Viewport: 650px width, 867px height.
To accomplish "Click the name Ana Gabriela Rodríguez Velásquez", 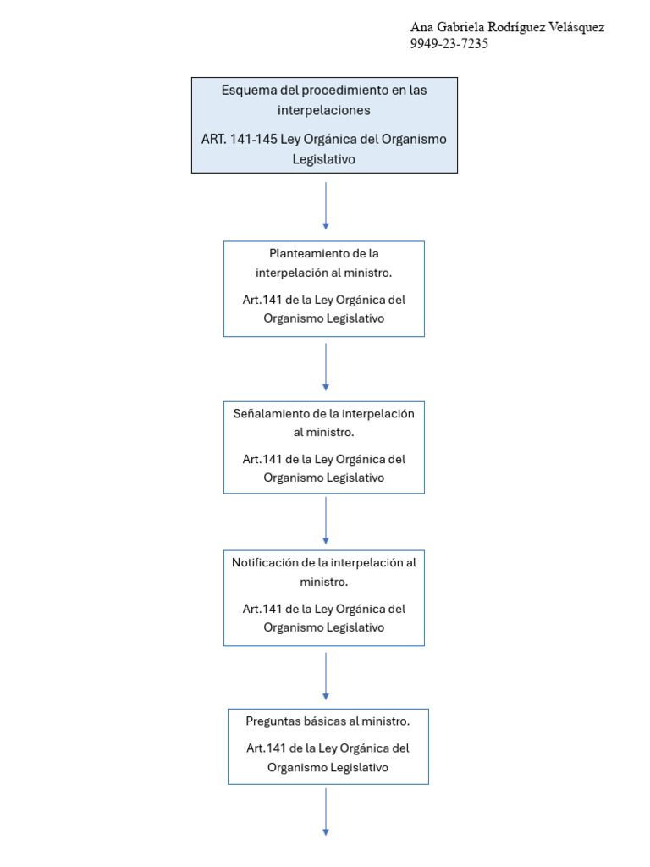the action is coord(507,28).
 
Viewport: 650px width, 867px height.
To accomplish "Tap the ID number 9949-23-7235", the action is coord(449,44).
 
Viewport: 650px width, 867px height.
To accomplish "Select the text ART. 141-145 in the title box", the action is coord(239,139).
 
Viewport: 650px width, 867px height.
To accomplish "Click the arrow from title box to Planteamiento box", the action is coord(326,206).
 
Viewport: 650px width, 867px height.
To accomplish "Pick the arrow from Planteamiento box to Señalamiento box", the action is coord(326,367).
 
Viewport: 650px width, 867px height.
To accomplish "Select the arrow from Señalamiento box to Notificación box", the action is coord(326,521).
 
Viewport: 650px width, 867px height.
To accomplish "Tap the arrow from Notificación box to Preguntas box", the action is coord(326,676).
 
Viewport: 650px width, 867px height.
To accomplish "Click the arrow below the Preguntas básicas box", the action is coord(326,812).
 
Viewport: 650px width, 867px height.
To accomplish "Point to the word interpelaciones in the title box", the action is coord(324,111).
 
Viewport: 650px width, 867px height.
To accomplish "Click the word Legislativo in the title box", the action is coord(324,159).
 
